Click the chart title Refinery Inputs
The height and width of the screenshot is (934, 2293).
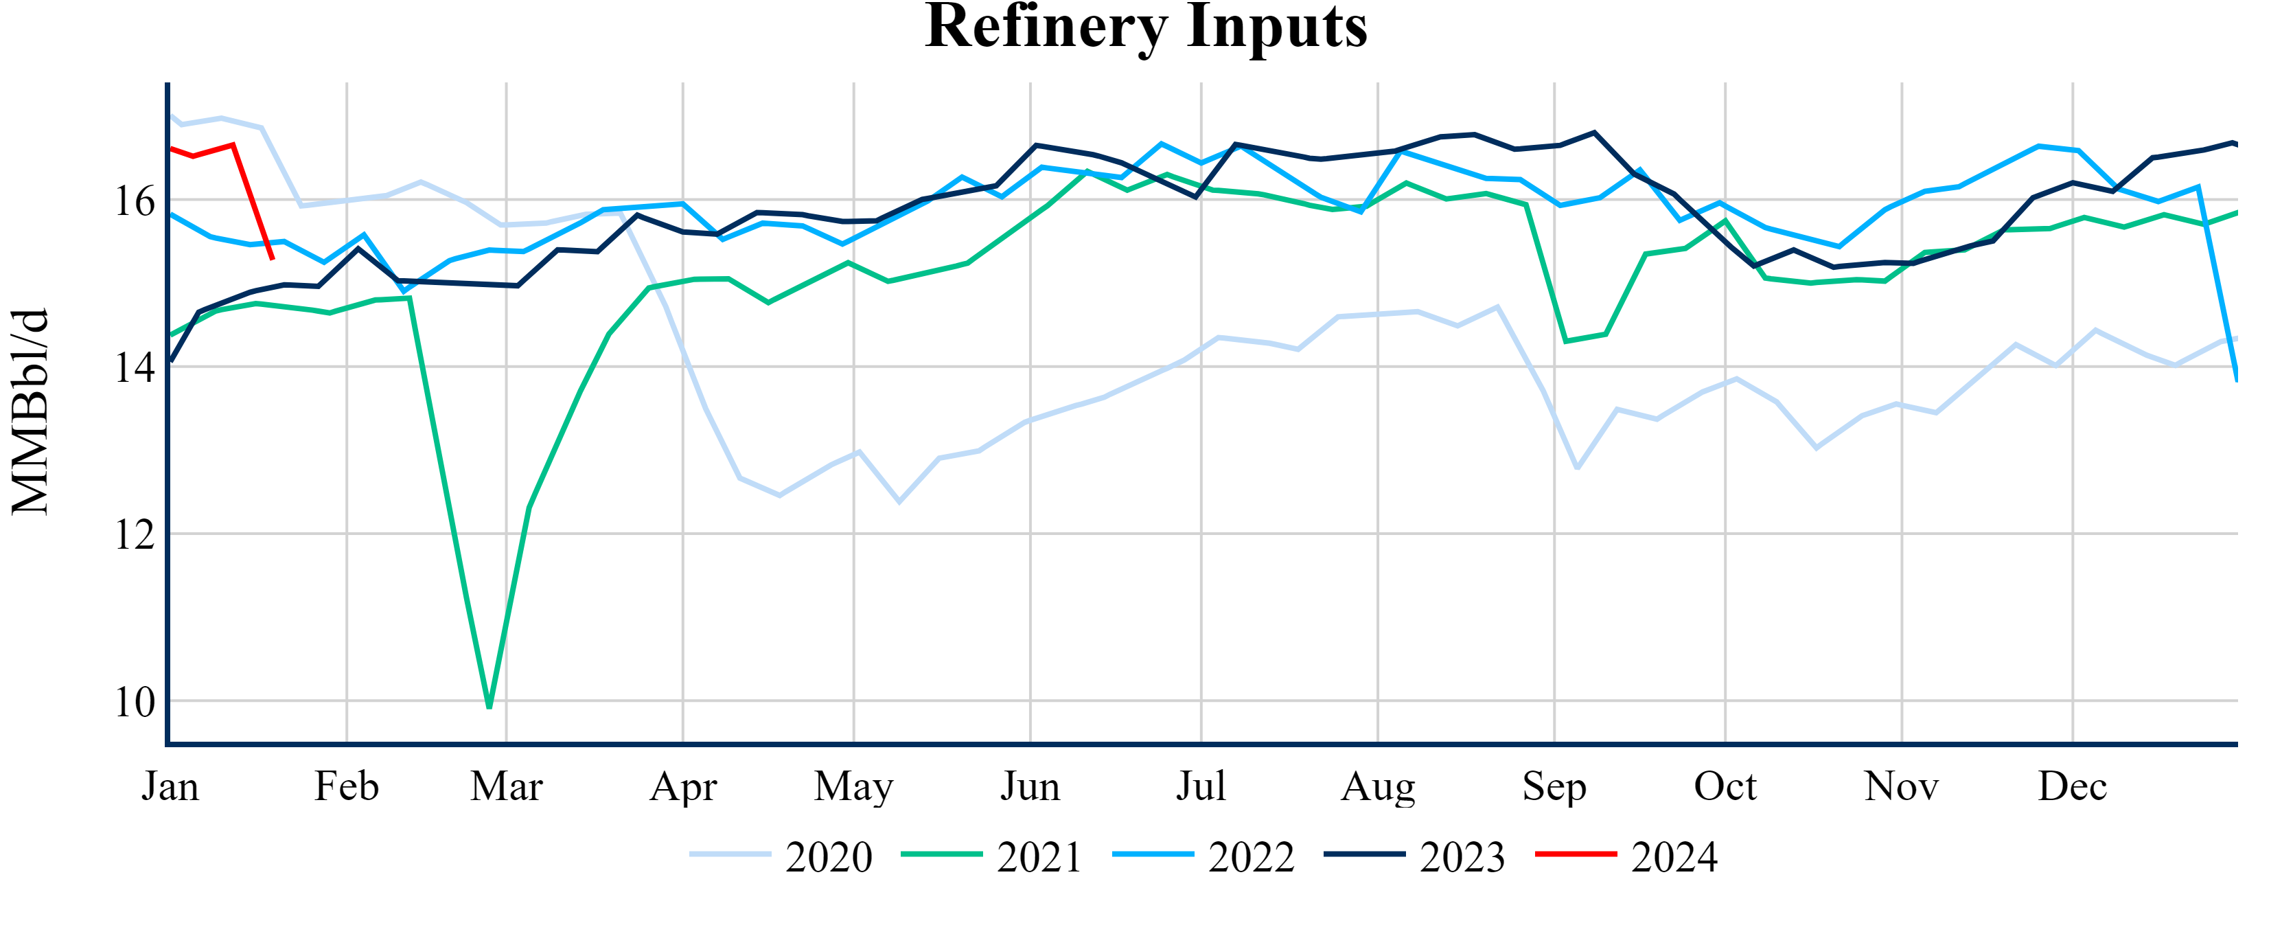click(x=1146, y=27)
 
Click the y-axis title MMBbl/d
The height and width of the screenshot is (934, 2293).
click(x=30, y=411)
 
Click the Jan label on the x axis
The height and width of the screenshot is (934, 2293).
click(x=170, y=787)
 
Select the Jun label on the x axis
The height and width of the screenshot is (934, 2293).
click(x=1030, y=787)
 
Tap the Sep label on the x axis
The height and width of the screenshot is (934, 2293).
click(x=1554, y=787)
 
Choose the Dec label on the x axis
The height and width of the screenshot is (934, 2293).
click(x=2072, y=787)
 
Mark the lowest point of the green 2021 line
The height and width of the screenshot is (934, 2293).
click(x=489, y=707)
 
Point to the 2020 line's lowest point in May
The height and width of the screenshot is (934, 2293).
click(x=899, y=502)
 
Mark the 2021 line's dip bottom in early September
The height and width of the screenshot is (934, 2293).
click(x=1566, y=341)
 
